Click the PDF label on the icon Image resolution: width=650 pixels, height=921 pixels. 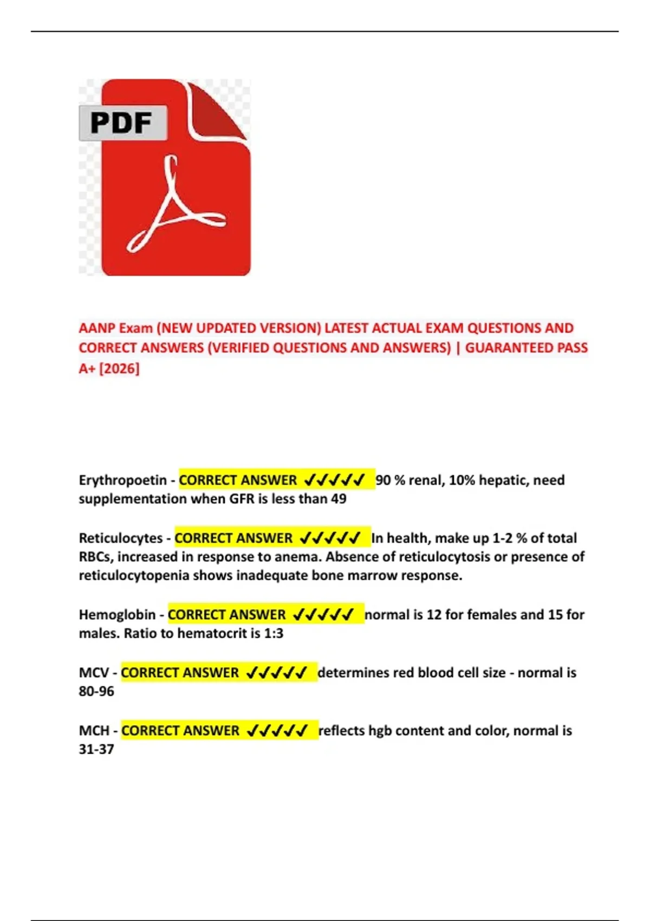click(x=121, y=123)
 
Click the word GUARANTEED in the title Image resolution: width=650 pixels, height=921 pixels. click(x=502, y=348)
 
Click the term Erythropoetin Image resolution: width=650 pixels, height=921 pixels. click(x=122, y=480)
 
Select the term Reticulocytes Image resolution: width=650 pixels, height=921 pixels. click(x=120, y=538)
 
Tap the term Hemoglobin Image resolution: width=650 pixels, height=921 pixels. click(x=117, y=614)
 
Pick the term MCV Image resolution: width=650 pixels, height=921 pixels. click(x=94, y=672)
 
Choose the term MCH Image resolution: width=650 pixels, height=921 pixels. click(x=94, y=730)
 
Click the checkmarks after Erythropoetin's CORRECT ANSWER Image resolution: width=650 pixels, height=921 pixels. click(x=334, y=480)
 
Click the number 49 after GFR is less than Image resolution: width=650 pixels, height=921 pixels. click(x=339, y=498)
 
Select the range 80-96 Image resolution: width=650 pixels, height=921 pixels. click(x=96, y=691)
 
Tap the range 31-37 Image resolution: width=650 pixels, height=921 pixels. click(x=96, y=749)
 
